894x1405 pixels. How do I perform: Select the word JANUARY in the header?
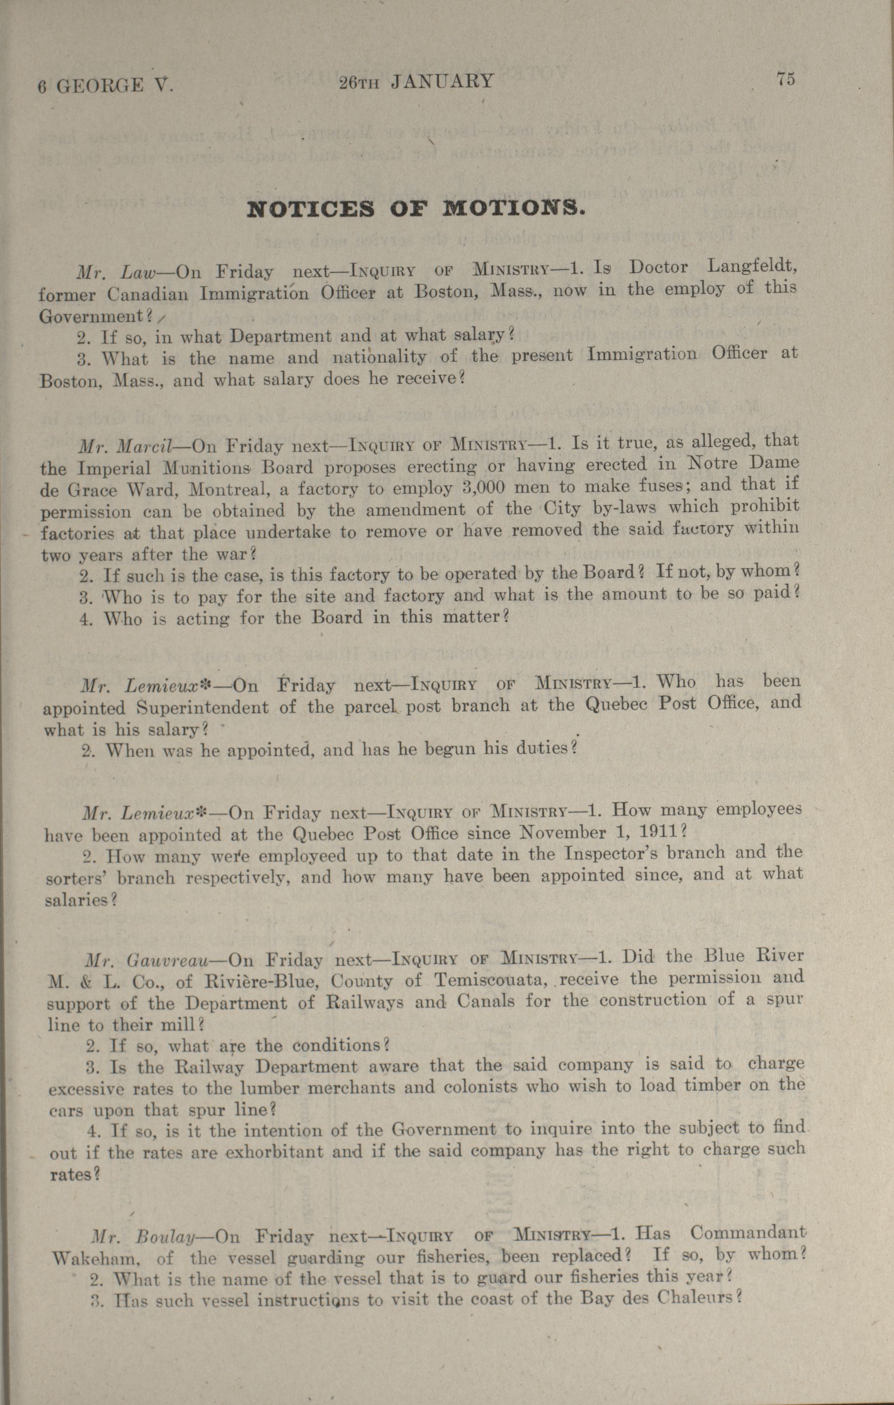(x=442, y=81)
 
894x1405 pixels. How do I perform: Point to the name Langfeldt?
(x=752, y=266)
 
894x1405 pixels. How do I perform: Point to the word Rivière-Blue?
(x=259, y=982)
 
